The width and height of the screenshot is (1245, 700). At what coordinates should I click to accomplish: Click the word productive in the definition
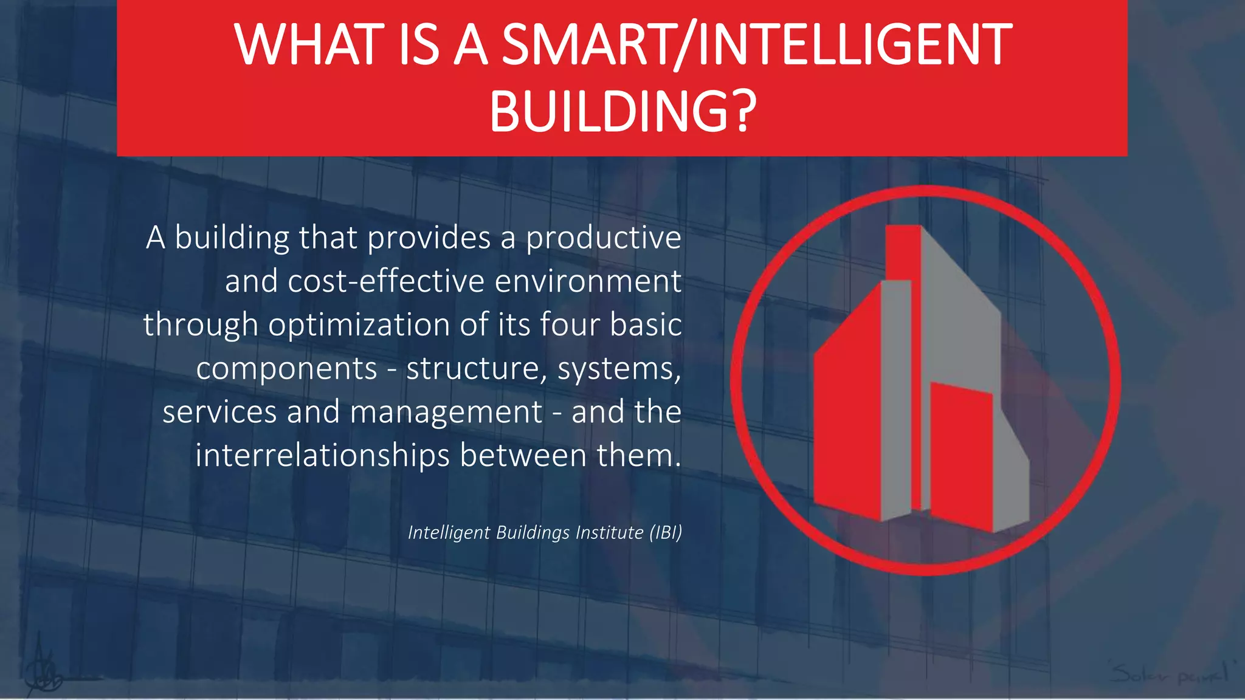tap(603, 238)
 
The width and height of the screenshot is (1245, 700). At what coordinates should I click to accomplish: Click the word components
tap(286, 369)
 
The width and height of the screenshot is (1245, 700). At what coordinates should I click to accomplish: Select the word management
tap(446, 412)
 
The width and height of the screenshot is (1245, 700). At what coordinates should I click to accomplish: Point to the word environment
tap(588, 281)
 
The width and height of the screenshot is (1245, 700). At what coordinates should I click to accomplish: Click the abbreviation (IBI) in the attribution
tap(666, 532)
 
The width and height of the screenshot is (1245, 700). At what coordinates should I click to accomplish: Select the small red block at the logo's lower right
tap(961, 456)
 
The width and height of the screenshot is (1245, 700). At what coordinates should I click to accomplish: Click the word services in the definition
tap(220, 412)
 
